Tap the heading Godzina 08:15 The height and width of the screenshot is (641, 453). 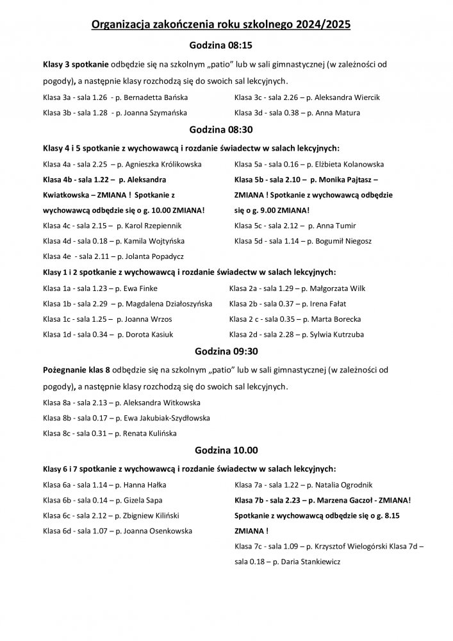tap(226, 46)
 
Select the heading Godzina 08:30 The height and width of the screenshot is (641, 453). tap(226, 129)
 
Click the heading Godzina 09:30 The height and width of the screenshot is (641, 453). tap(226, 351)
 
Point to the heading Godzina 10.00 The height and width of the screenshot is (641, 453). tap(226, 451)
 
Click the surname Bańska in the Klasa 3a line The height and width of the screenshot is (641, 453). tap(174, 97)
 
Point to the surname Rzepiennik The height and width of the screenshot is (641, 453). tap(168, 226)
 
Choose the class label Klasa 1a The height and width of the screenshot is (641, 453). tap(56, 288)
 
